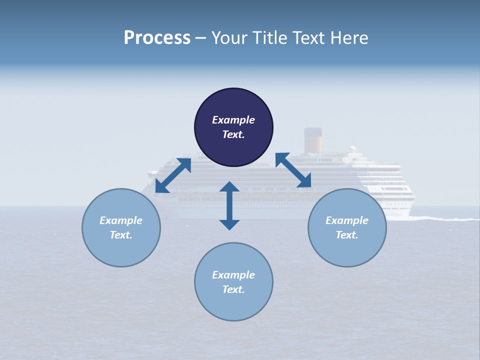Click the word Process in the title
157,38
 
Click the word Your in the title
230,38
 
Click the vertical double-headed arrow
229,205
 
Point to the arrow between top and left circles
173,175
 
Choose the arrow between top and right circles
293,170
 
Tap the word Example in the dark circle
233,120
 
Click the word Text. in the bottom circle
233,289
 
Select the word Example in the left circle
121,220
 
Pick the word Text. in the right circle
347,235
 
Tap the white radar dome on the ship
352,149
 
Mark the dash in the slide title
201,38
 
